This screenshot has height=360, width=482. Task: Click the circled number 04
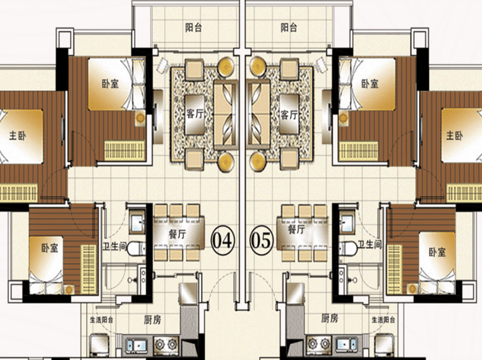coord(222,240)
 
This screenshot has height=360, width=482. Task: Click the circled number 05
coord(262,240)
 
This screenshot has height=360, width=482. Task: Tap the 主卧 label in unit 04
coord(17,135)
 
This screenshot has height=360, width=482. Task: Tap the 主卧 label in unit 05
coord(454,135)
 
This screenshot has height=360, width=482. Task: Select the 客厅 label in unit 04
coord(195,114)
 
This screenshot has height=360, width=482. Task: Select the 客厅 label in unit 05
coord(289,114)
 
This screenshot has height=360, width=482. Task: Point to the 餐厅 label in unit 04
coord(177,234)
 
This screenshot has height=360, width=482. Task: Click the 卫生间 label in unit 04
coord(114,246)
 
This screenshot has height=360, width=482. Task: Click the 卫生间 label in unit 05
coord(370,244)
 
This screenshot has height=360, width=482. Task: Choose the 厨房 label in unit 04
coord(152,319)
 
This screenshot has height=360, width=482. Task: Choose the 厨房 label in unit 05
coord(330,318)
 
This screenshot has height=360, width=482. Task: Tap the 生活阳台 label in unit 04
coord(102,319)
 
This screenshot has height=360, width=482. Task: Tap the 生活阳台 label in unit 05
coord(383,319)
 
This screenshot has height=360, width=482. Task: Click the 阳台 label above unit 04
coord(193,28)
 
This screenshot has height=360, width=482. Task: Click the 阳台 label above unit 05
coord(289,28)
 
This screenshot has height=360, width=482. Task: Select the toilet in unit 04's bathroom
coord(136,248)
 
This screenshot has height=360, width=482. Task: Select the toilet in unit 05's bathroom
coord(348,248)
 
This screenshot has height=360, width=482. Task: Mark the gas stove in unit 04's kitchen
coord(166,344)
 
